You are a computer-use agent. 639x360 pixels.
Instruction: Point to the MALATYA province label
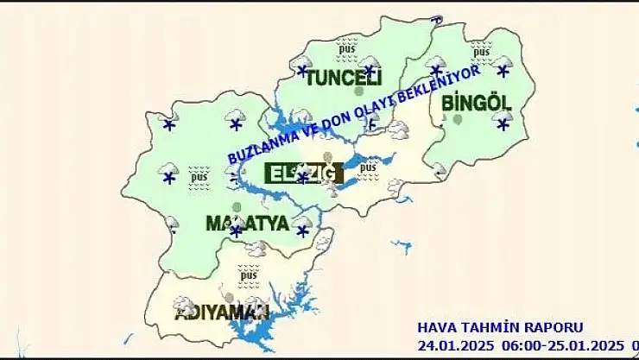246,224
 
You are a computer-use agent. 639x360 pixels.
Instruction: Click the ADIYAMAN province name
222,312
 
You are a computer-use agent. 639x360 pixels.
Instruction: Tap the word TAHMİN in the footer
490,328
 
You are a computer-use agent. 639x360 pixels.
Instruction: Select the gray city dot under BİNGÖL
458,120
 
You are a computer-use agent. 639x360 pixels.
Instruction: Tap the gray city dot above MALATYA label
237,207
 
